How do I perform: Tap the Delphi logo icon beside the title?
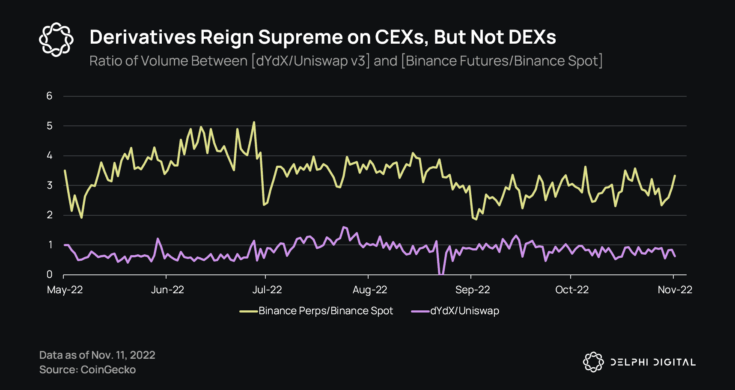(x=56, y=40)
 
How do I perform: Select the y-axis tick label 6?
(x=49, y=96)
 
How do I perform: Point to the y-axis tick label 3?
(x=50, y=185)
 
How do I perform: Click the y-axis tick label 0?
(x=50, y=274)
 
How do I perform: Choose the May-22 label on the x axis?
(x=65, y=290)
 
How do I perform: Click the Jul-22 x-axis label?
(x=267, y=290)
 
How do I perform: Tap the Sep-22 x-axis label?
(x=472, y=290)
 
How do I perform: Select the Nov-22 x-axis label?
(x=675, y=290)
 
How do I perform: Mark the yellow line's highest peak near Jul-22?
(x=254, y=122)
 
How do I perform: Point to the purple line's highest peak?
(x=343, y=227)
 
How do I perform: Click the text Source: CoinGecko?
(x=87, y=369)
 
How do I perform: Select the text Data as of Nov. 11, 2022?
(x=97, y=355)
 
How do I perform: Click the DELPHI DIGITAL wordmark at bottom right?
(x=652, y=362)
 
